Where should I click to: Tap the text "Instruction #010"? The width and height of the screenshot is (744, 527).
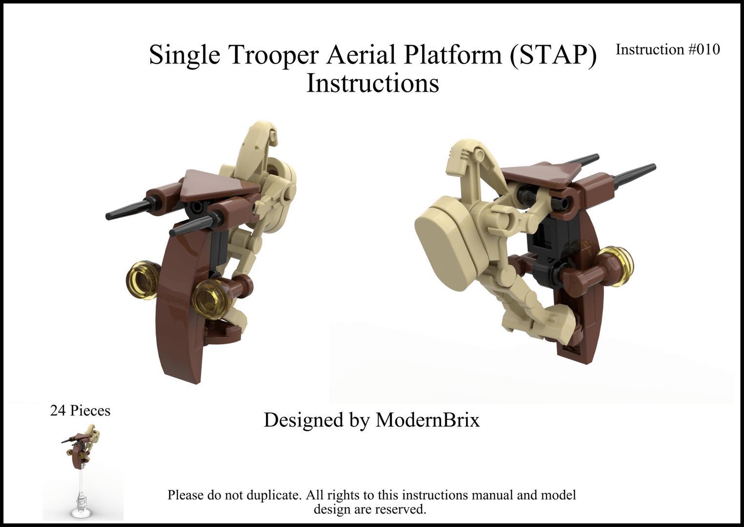pos(667,49)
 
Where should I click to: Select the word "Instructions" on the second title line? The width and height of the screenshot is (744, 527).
pos(372,83)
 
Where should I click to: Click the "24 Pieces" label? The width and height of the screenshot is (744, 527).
pos(80,411)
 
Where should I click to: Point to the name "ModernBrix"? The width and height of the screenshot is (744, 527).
pos(427,420)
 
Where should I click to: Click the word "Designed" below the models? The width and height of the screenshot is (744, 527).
pos(302,420)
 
